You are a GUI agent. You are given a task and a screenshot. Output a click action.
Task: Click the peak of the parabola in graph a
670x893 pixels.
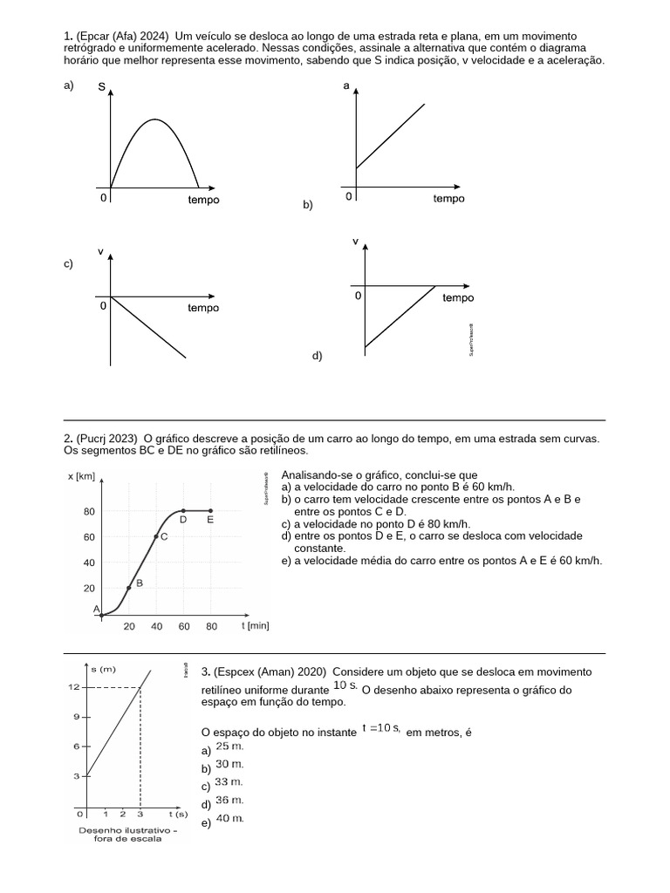(155, 119)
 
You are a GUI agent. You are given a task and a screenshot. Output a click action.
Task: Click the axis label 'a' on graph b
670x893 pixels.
(346, 87)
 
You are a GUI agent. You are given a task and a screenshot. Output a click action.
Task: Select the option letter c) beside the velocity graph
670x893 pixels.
(69, 263)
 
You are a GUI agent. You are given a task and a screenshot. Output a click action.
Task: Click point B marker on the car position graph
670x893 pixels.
(129, 588)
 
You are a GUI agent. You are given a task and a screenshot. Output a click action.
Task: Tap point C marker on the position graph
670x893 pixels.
(156, 536)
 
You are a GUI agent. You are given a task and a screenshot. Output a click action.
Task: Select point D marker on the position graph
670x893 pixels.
(183, 511)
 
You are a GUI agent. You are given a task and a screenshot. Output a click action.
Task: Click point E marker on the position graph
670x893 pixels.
(211, 511)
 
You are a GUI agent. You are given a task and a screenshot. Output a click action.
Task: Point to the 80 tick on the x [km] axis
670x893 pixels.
(89, 511)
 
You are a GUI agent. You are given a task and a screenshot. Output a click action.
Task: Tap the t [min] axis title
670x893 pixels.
(255, 625)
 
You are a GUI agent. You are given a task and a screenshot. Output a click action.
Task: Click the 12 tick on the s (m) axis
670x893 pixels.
(76, 687)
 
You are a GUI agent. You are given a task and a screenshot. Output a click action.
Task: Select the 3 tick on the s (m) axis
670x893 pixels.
(77, 776)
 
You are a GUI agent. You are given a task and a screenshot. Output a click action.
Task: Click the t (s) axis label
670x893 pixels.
(177, 814)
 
